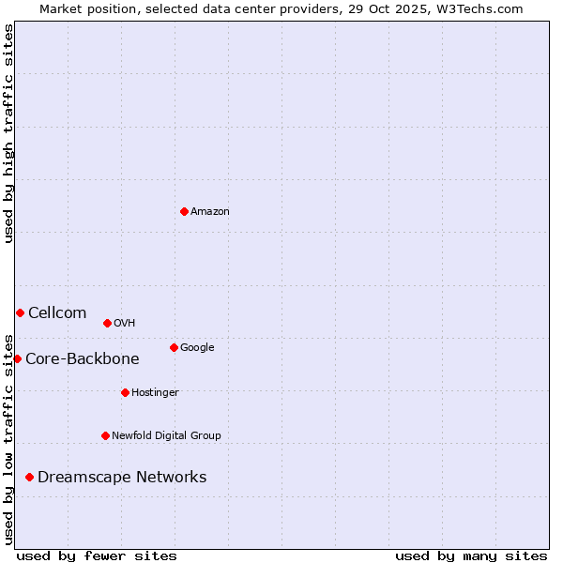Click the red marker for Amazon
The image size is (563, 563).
click(184, 211)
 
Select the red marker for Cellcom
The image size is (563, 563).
click(20, 312)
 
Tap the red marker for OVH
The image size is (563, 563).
click(107, 323)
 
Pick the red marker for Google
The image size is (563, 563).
click(174, 347)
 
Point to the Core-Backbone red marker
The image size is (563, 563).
click(17, 358)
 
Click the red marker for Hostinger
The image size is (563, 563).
click(125, 392)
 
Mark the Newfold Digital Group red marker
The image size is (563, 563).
click(105, 435)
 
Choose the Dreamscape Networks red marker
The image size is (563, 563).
click(29, 477)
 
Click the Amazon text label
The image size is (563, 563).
click(210, 211)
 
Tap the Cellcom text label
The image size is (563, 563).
click(57, 312)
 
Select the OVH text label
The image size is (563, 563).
click(125, 323)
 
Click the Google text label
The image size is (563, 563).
click(197, 347)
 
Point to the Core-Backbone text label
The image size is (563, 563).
click(83, 358)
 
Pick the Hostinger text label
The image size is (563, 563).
click(155, 392)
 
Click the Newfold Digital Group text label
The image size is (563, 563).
click(166, 435)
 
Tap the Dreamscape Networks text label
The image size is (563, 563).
click(122, 477)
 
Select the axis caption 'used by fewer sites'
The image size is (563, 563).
click(97, 555)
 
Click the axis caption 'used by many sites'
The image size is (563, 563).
click(471, 555)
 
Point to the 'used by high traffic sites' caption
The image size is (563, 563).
click(8, 133)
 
